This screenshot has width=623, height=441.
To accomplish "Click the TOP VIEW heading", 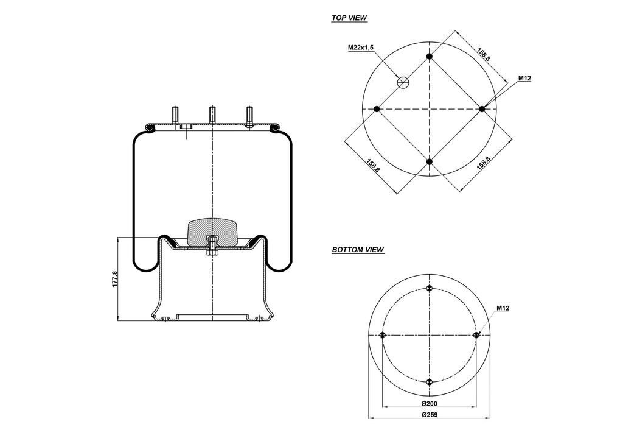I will point(349,18).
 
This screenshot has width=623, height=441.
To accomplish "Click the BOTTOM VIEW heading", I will point(358,250).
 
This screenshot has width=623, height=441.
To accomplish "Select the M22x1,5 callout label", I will point(360,47).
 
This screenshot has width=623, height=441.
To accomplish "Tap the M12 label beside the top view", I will point(524,78).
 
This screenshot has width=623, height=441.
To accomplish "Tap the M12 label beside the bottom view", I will point(503,308).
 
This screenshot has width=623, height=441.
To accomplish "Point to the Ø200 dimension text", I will point(430,404).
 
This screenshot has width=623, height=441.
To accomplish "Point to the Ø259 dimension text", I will point(430,415).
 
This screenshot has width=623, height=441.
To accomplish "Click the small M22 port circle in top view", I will point(402,82).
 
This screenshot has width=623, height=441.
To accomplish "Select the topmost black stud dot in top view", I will point(430,57).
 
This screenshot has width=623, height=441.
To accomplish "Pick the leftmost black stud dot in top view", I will point(377,109).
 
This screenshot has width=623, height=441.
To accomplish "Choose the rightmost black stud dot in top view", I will point(482,109).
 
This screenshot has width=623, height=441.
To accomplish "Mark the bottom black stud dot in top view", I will point(430,161).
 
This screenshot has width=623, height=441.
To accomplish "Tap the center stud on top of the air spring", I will point(212,115).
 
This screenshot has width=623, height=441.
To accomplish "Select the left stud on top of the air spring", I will point(175,115).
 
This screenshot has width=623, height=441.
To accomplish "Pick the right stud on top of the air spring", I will point(249,115).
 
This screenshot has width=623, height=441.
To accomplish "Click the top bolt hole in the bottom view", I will point(430,288).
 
